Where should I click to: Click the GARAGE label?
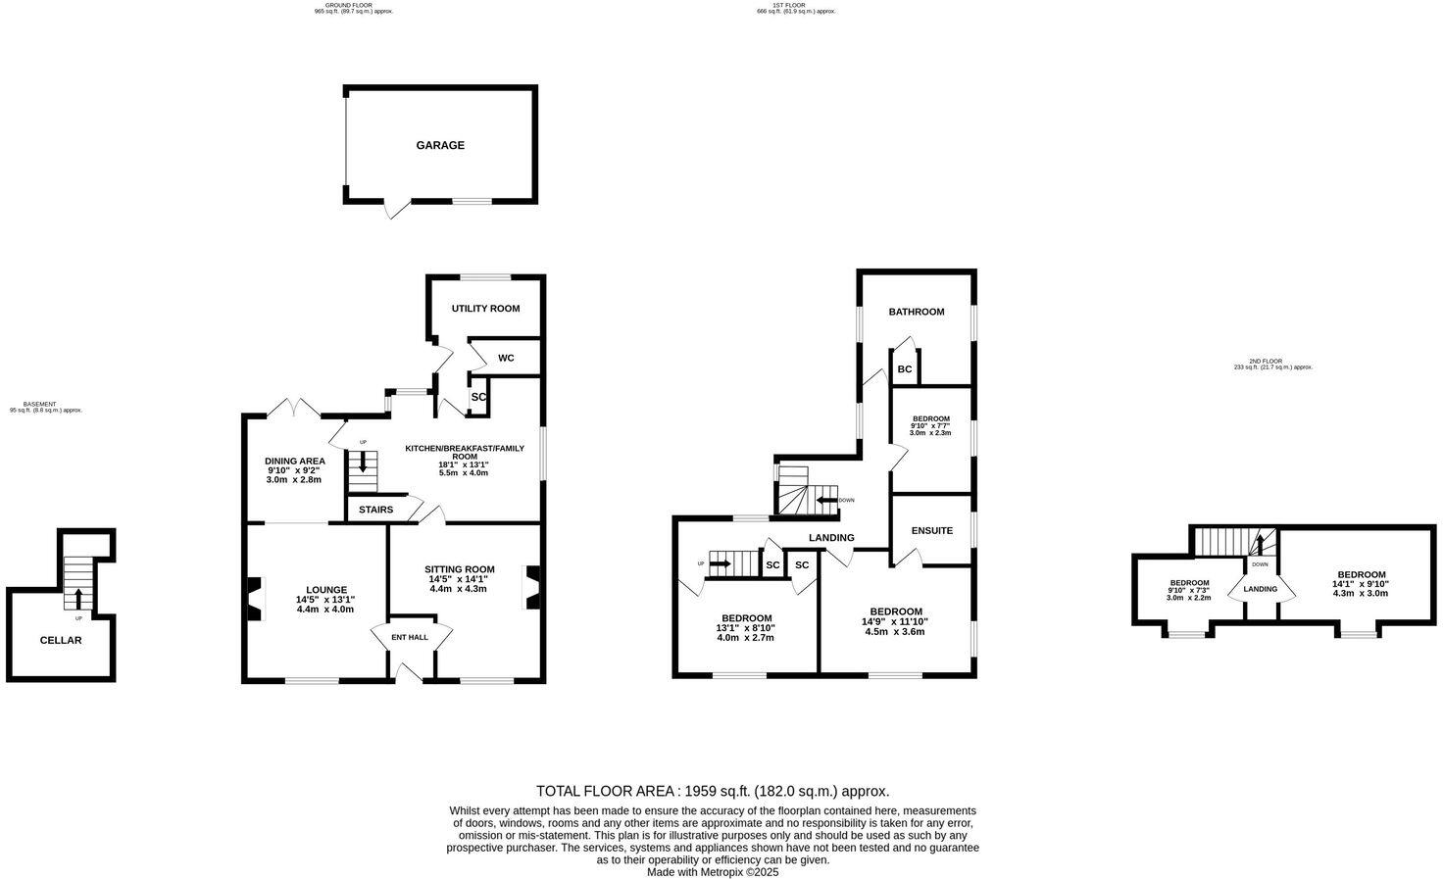click(x=440, y=145)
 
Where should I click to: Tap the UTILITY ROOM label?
click(x=485, y=309)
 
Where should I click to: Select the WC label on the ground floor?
click(x=506, y=358)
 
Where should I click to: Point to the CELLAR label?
click(x=61, y=640)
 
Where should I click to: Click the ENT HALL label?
click(x=410, y=637)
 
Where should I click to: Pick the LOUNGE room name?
click(x=325, y=590)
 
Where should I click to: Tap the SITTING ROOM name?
click(x=459, y=569)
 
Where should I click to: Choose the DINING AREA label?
click(x=294, y=461)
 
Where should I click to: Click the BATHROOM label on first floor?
click(x=917, y=312)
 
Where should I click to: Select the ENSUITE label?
click(x=931, y=531)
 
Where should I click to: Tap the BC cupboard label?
click(x=905, y=369)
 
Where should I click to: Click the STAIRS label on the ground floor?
click(x=375, y=510)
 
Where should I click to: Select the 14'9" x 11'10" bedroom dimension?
click(x=894, y=621)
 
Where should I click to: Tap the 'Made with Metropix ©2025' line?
click(x=712, y=871)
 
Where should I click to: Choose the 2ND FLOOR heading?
click(x=1272, y=362)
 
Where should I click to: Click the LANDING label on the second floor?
click(x=1260, y=589)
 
